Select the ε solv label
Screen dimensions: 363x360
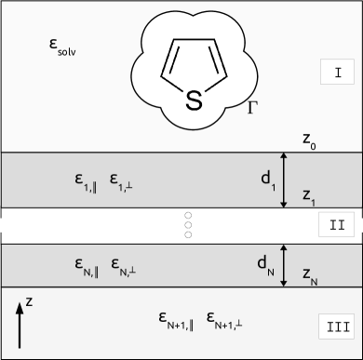(x=63, y=46)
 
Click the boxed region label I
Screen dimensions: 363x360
(x=336, y=72)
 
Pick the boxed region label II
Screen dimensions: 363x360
(x=336, y=224)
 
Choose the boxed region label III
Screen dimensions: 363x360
(x=336, y=326)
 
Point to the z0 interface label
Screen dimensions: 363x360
(x=311, y=140)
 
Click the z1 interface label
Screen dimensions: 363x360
(x=310, y=196)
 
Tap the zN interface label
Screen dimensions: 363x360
(x=312, y=275)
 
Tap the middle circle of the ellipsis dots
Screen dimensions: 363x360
(x=188, y=224)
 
